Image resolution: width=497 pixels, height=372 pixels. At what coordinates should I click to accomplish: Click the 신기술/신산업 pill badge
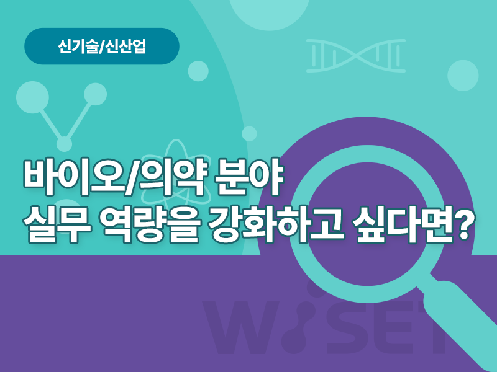pos(102,46)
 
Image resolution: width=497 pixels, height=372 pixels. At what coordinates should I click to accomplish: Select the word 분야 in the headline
pos(248,177)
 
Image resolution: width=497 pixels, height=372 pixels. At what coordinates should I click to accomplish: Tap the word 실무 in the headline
pos(57,225)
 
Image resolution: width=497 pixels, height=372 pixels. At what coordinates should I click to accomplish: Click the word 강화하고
pos(277,225)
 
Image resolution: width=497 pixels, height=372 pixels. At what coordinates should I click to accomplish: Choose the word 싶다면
pos(403,225)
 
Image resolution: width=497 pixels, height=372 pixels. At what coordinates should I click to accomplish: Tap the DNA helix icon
pos(355,56)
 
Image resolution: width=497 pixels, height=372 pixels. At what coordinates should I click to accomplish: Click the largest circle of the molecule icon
pos(33,97)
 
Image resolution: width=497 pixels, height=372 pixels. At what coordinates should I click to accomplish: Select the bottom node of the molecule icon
pos(65,144)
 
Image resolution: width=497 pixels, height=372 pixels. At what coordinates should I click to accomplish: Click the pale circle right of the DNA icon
pos(463,76)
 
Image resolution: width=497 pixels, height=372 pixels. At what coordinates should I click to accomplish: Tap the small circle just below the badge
pos(198,71)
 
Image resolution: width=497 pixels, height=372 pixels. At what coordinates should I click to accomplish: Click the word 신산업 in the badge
pos(125,46)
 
